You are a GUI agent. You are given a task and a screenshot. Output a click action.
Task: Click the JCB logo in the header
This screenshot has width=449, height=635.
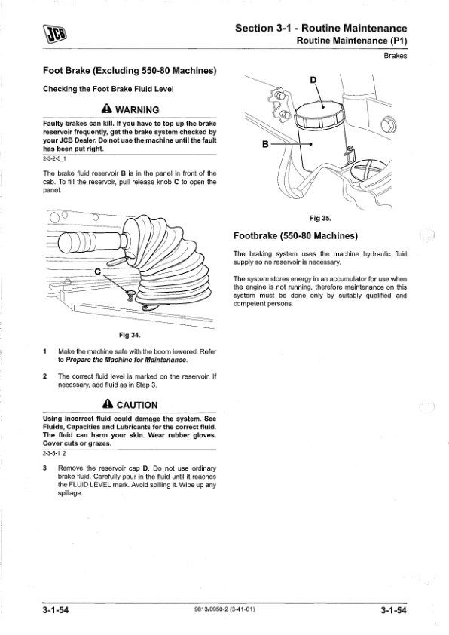(54, 34)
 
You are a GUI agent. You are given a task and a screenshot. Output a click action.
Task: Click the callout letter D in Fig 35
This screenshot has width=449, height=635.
(313, 80)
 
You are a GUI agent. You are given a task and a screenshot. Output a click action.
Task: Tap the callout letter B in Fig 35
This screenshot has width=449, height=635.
(265, 144)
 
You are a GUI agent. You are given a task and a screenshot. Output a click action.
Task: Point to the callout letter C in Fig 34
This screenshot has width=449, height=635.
(97, 271)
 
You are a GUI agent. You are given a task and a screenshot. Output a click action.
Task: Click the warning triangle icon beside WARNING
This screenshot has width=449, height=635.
(107, 109)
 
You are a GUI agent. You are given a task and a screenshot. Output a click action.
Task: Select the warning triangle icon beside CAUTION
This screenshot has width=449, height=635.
(108, 404)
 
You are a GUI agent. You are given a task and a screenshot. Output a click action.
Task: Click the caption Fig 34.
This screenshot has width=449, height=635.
(130, 335)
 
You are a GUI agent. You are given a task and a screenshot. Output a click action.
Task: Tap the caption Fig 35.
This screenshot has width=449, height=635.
(320, 218)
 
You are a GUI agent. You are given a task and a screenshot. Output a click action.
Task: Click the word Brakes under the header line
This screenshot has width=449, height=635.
(396, 56)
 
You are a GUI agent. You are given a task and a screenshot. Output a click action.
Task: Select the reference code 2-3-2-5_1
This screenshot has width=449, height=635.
(54, 158)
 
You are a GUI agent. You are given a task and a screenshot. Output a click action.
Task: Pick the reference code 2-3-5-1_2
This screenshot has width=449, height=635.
(54, 453)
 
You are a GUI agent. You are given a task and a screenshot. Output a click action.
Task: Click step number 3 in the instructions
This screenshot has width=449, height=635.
(44, 468)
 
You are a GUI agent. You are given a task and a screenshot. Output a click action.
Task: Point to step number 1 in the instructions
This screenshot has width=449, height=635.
(44, 351)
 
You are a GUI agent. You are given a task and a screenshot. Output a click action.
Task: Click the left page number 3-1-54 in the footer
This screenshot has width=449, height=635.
(56, 610)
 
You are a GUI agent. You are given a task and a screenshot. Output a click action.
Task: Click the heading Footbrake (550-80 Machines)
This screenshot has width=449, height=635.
(296, 236)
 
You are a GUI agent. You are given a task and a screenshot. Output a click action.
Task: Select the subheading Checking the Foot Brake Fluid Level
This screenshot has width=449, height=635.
(108, 89)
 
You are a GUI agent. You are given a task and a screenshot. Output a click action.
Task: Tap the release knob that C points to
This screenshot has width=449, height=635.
(130, 295)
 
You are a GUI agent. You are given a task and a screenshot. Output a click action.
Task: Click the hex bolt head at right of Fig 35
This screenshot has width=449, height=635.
(386, 124)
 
